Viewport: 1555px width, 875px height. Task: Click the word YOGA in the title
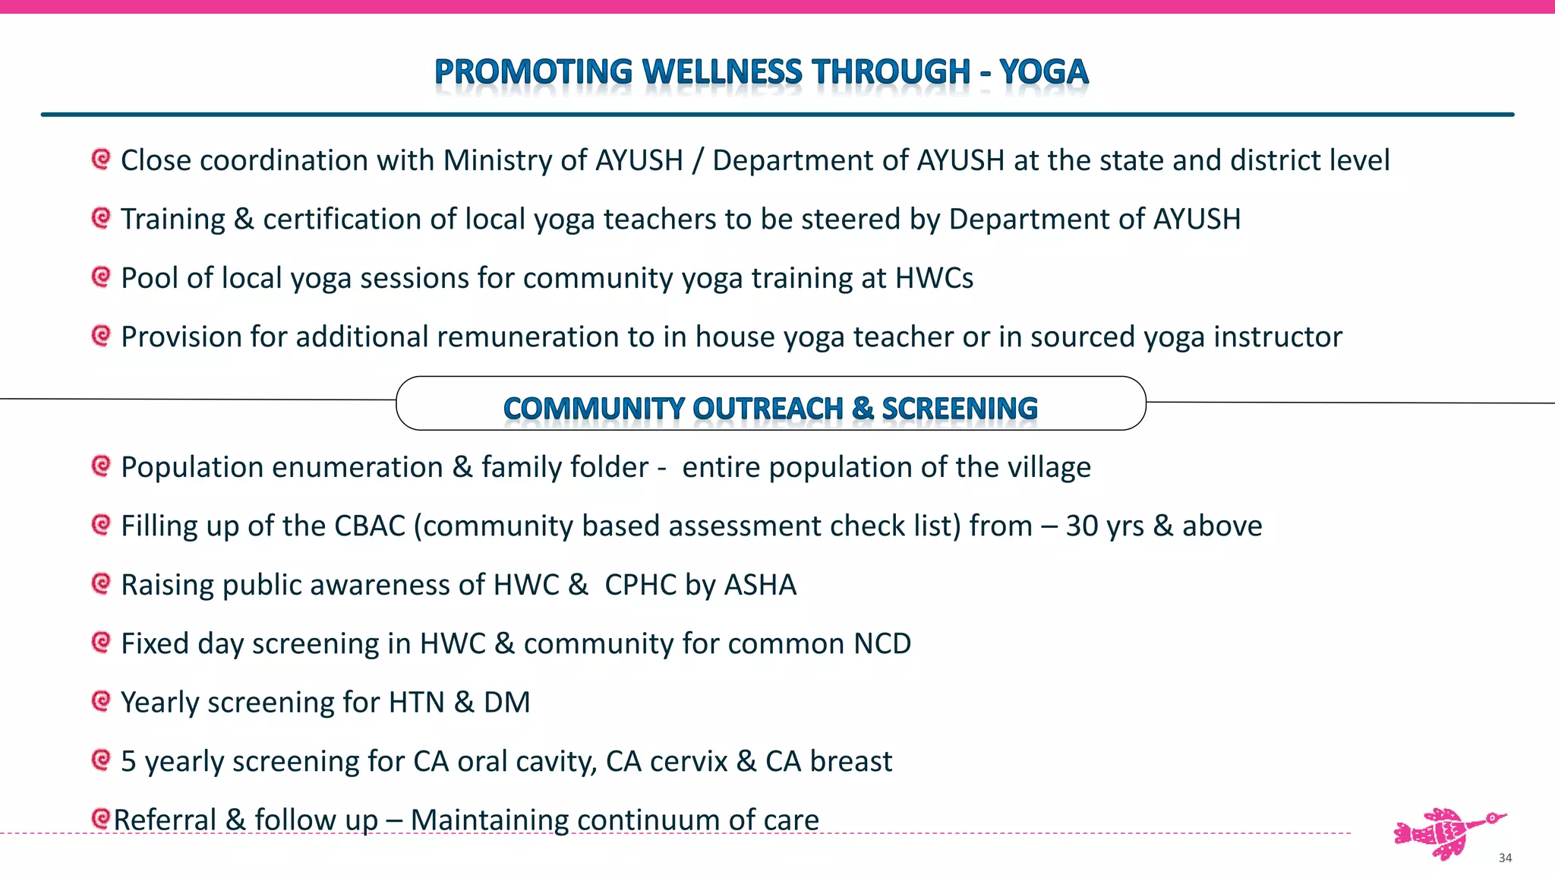click(x=1043, y=72)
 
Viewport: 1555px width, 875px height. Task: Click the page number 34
click(x=1505, y=858)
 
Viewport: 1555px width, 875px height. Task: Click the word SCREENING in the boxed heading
click(x=960, y=408)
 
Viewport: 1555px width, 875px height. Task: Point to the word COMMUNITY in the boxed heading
click(x=594, y=408)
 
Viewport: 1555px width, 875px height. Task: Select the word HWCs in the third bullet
click(x=934, y=278)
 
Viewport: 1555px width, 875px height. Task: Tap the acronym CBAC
click(x=370, y=526)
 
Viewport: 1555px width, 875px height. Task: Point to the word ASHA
click(x=760, y=585)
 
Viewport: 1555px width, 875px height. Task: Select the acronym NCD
click(x=882, y=643)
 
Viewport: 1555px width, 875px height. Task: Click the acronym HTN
click(x=416, y=703)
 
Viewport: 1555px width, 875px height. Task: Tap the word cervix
click(x=689, y=761)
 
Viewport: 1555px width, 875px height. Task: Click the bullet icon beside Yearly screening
click(x=100, y=700)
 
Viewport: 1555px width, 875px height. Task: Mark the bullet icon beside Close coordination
click(x=100, y=159)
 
